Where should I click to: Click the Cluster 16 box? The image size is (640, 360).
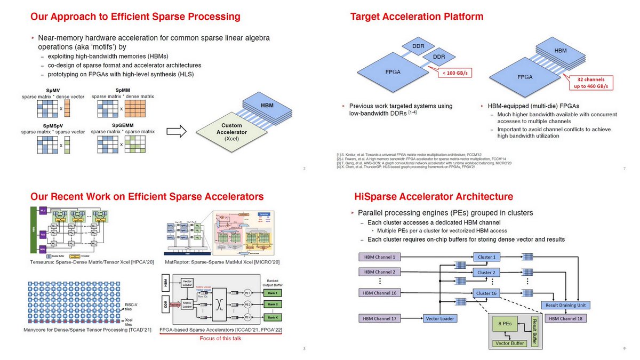(x=485, y=293)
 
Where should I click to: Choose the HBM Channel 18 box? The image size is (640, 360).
(x=569, y=318)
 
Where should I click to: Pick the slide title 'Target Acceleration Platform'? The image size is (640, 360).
(x=417, y=17)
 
